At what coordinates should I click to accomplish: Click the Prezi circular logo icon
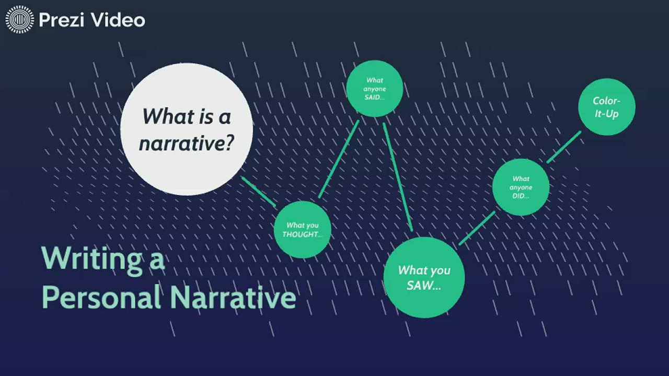(x=19, y=20)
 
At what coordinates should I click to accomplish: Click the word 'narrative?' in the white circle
(x=186, y=143)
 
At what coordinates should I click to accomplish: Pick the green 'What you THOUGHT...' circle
(x=302, y=230)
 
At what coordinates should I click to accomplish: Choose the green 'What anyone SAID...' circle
(x=374, y=89)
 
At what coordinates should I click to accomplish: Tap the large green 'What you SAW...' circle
(x=424, y=277)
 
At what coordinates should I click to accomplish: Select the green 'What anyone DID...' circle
(x=521, y=187)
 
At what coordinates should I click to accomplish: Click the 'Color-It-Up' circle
(x=606, y=107)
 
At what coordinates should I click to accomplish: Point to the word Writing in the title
(x=91, y=258)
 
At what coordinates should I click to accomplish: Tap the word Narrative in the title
(x=233, y=297)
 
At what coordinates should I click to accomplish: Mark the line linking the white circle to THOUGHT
(x=258, y=191)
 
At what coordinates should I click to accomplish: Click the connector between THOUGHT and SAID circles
(x=339, y=159)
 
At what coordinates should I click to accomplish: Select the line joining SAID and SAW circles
(x=398, y=177)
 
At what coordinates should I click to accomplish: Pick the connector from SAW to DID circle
(x=477, y=228)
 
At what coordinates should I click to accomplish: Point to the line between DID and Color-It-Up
(x=564, y=147)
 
